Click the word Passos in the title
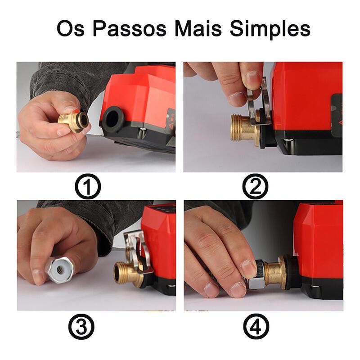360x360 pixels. (x=130, y=28)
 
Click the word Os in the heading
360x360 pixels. (x=71, y=28)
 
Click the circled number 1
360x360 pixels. (x=88, y=186)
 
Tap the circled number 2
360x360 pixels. (x=255, y=186)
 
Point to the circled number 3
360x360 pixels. (x=81, y=327)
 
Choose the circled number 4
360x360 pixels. (x=256, y=326)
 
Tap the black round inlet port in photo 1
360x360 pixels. (x=113, y=119)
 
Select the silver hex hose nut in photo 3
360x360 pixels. (x=60, y=270)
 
